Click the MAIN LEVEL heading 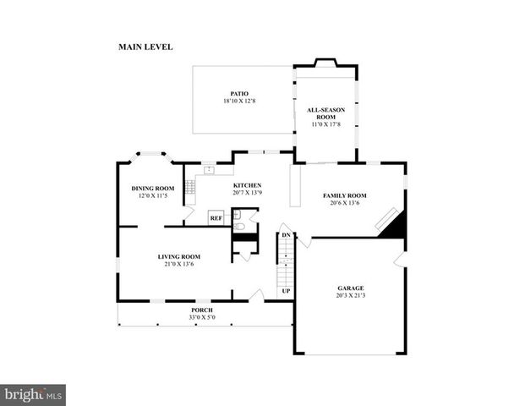pyautogui.click(x=145, y=47)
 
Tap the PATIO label pyautogui.click(x=239, y=94)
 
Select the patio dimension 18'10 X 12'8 pyautogui.click(x=239, y=101)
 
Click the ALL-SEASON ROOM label pyautogui.click(x=325, y=113)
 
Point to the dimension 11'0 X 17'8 pyautogui.click(x=325, y=124)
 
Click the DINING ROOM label pyautogui.click(x=152, y=188)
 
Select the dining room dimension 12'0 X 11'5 pyautogui.click(x=152, y=195)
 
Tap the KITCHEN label pyautogui.click(x=247, y=185)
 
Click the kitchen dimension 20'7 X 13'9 pyautogui.click(x=247, y=193)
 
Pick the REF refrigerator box pyautogui.click(x=216, y=217)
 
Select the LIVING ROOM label pyautogui.click(x=178, y=256)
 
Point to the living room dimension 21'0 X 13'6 pyautogui.click(x=178, y=264)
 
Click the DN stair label pyautogui.click(x=286, y=234)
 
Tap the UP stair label pyautogui.click(x=286, y=291)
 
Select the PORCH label pyautogui.click(x=201, y=310)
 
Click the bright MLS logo pyautogui.click(x=33, y=395)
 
